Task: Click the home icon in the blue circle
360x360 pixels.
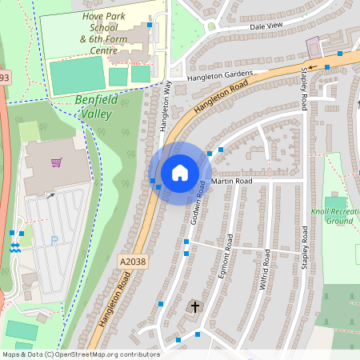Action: pyautogui.click(x=180, y=173)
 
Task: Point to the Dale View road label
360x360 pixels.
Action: pyautogui.click(x=266, y=26)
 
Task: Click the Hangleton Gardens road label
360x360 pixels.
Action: pyautogui.click(x=220, y=77)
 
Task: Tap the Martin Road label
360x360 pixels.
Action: pyautogui.click(x=232, y=182)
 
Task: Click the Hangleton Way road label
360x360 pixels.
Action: pyautogui.click(x=166, y=107)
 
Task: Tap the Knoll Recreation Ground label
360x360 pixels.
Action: pyautogui.click(x=332, y=216)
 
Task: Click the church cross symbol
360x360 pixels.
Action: pyautogui.click(x=195, y=306)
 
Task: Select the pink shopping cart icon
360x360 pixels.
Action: pyautogui.click(x=56, y=162)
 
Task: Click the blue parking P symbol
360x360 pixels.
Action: pyautogui.click(x=54, y=239)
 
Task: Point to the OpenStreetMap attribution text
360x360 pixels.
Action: pyautogui.click(x=81, y=354)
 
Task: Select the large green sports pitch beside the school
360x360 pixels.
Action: pyautogui.click(x=77, y=74)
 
